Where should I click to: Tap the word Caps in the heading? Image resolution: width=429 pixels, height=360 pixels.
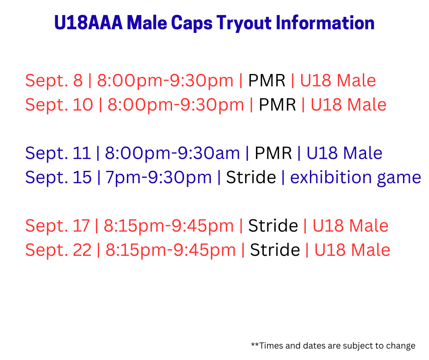click(x=192, y=23)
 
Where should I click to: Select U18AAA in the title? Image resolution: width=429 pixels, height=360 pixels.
click(x=89, y=22)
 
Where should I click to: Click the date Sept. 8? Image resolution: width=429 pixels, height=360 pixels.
click(x=54, y=81)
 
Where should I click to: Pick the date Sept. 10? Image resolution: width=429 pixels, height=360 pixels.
click(x=59, y=105)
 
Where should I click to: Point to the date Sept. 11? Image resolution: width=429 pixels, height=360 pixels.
click(x=58, y=153)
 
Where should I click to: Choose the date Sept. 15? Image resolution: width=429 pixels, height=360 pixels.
click(x=58, y=177)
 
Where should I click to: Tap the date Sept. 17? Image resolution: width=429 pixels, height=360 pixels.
click(x=58, y=226)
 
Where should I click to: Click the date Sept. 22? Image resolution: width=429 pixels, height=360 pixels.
click(x=58, y=250)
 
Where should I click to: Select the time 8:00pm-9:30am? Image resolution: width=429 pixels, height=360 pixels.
click(x=173, y=154)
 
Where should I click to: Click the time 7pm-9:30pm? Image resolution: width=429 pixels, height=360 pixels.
click(x=159, y=178)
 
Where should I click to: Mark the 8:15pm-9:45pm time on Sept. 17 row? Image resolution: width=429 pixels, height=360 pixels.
click(x=169, y=226)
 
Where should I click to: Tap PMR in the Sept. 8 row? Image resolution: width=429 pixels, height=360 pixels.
click(x=267, y=80)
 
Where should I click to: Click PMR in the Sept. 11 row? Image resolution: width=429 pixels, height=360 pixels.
click(x=273, y=153)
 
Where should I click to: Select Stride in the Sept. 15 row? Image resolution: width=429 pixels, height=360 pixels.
click(x=251, y=177)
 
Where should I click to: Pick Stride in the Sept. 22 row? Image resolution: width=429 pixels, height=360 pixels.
click(x=275, y=250)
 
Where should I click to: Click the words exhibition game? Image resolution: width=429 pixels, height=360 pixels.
click(x=356, y=178)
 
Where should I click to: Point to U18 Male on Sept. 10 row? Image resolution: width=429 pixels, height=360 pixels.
click(x=349, y=105)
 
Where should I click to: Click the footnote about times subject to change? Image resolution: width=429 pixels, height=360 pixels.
click(x=333, y=346)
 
